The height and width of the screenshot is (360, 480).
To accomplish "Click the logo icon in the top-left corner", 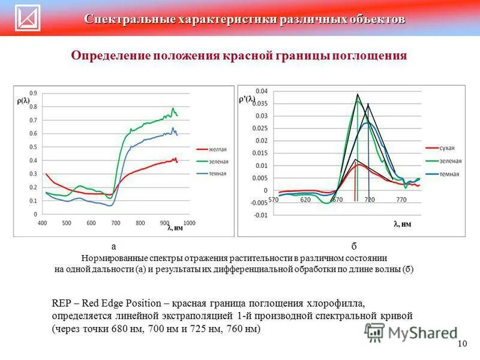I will pos(27,17).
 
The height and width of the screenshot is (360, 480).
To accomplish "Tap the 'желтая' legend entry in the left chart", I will pos(217,149).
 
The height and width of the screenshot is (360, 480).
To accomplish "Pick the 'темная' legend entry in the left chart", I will pos(217,173).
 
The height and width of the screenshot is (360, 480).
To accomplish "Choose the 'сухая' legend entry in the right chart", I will pos(447,148).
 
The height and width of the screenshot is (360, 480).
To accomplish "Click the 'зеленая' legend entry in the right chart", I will pos(450,161).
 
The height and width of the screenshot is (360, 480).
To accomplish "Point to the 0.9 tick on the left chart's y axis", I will pos(32,93).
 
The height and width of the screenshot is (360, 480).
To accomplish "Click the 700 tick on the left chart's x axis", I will pos(115,223).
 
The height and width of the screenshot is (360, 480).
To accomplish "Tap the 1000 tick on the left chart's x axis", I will pos(189,223).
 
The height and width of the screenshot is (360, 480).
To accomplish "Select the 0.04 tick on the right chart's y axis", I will pos(262,91).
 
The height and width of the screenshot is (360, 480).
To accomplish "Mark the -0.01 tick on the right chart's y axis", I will pos(260,215).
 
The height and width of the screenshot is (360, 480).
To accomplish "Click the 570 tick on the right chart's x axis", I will pos(274,199).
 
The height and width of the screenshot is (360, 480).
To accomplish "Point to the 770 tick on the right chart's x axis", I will pos(401,199).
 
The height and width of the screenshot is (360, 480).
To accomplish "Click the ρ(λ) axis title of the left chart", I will pos(23,101).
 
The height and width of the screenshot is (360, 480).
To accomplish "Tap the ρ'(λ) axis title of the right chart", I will pos(247,100).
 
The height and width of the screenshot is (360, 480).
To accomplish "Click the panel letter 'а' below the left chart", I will pos(113,246).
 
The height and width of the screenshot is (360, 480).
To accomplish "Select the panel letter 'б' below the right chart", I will pos(354,246).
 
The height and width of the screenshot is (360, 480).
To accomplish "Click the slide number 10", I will pos(462,344).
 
